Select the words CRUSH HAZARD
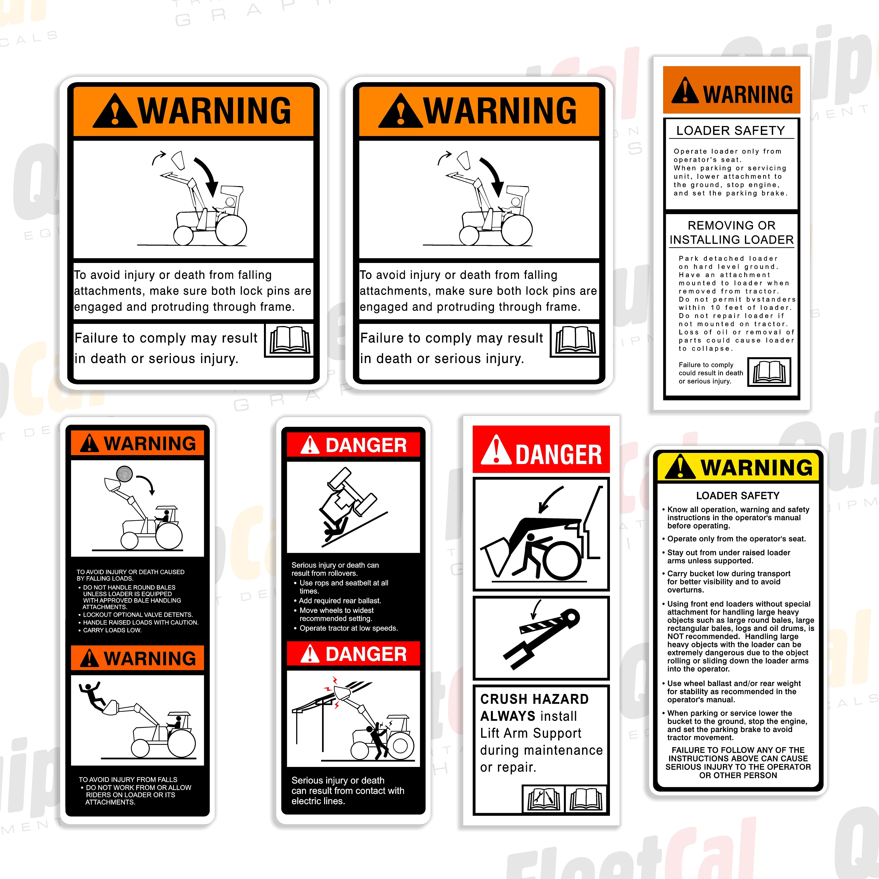pyautogui.click(x=534, y=699)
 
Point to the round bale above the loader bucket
pyautogui.click(x=124, y=474)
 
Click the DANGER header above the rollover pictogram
pyautogui.click(x=354, y=445)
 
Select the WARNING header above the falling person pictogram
pyautogui.click(x=137, y=658)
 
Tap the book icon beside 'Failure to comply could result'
pyautogui.click(x=769, y=372)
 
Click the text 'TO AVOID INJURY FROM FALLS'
pyautogui.click(x=128, y=779)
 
